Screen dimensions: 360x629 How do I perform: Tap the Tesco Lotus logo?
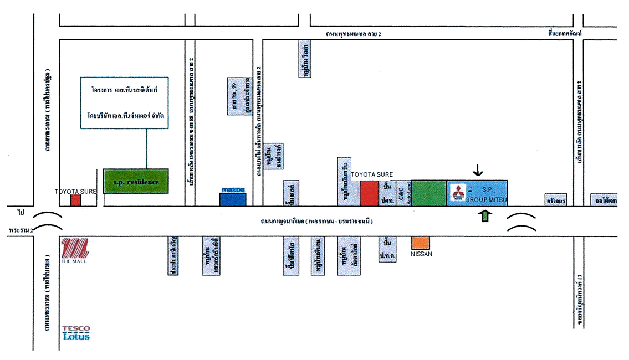click(76, 332)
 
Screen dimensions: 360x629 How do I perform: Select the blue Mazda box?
click(233, 197)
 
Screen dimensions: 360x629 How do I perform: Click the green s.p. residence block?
click(136, 181)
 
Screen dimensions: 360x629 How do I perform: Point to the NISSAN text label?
click(421, 254)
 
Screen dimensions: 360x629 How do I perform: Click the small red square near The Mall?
click(75, 200)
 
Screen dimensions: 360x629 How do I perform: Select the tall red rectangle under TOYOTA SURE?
click(369, 193)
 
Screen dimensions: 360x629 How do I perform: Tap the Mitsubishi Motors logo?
click(458, 193)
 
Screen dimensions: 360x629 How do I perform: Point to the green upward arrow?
click(485, 216)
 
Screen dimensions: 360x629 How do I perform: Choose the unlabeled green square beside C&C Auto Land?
click(429, 193)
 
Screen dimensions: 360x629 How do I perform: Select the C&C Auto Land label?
click(404, 193)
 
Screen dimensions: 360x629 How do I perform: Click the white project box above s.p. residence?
click(124, 102)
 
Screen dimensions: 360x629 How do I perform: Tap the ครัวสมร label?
click(555, 200)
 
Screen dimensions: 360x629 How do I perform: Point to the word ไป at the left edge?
click(21, 213)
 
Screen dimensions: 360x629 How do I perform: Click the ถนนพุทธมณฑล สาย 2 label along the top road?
click(355, 34)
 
